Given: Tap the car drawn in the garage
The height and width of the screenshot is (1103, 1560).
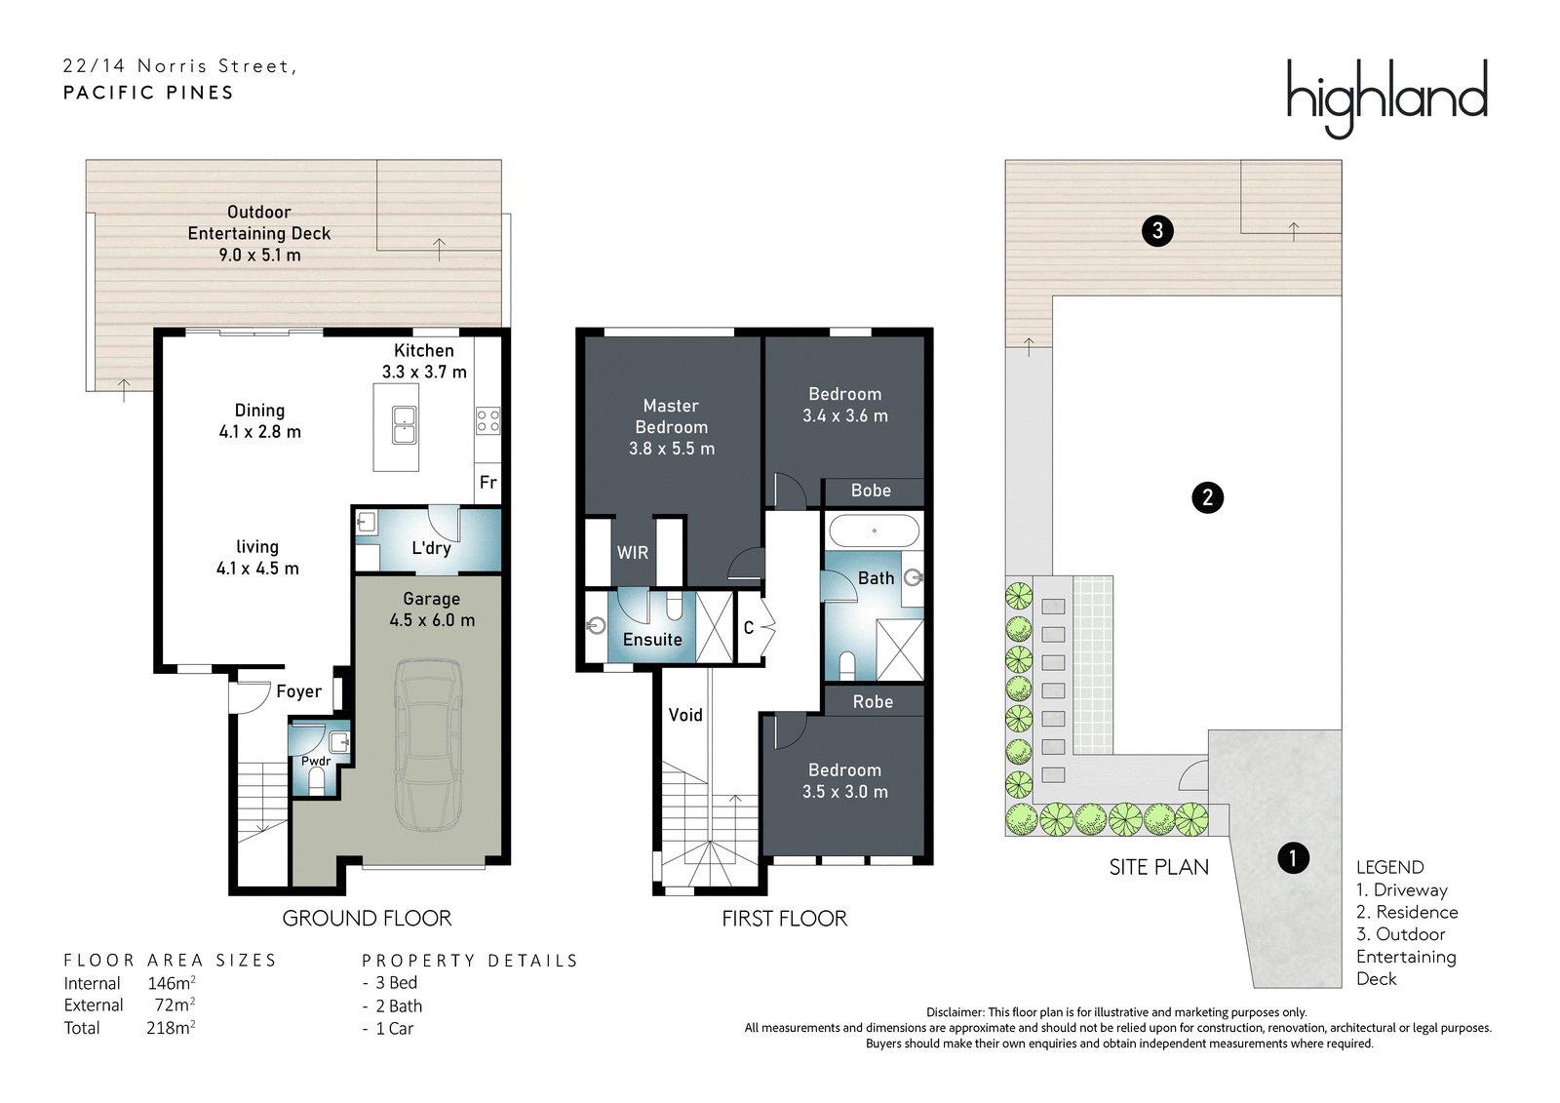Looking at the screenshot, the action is click(x=428, y=745).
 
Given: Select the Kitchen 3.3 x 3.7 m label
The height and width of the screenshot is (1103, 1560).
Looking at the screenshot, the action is click(x=424, y=361).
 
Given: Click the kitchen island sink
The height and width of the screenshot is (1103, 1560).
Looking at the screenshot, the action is click(x=405, y=425).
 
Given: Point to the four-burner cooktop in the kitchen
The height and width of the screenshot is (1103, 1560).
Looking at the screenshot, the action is click(x=487, y=421).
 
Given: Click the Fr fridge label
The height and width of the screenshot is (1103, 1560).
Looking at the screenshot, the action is click(x=488, y=482).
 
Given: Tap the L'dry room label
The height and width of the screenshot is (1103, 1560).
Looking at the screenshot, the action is click(x=431, y=548).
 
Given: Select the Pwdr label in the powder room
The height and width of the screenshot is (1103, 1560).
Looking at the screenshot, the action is click(x=316, y=762).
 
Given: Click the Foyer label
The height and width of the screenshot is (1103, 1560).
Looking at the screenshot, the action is click(x=298, y=691).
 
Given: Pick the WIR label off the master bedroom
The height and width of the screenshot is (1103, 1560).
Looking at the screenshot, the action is click(x=633, y=553).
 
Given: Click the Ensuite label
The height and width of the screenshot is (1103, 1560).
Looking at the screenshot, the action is click(x=652, y=639).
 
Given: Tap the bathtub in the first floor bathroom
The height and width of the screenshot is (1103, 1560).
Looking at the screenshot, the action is click(x=874, y=532).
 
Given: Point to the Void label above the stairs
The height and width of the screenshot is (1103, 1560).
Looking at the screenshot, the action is click(x=685, y=714).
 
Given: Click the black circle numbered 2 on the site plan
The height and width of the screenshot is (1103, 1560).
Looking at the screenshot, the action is click(x=1208, y=497).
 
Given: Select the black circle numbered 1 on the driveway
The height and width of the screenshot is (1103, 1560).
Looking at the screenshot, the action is click(x=1293, y=858).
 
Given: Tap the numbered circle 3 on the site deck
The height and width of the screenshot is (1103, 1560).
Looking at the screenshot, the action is click(x=1157, y=230).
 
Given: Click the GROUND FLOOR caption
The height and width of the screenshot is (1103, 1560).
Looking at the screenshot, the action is click(x=367, y=919).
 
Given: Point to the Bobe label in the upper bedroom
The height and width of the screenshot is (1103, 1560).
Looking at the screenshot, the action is click(x=871, y=491).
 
